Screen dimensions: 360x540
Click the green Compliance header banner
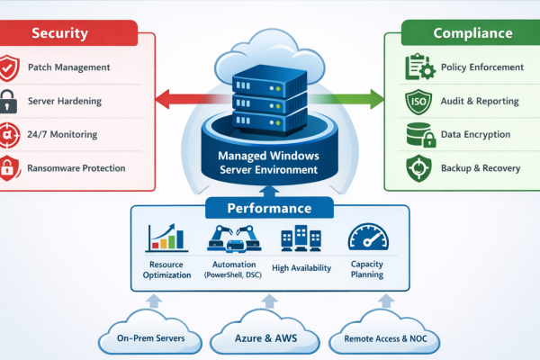(472, 33)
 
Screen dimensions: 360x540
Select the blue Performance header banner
(269, 208)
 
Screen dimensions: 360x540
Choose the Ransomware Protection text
(76, 167)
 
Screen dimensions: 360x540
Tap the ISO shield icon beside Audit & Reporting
(419, 101)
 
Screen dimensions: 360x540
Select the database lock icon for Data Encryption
(419, 135)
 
